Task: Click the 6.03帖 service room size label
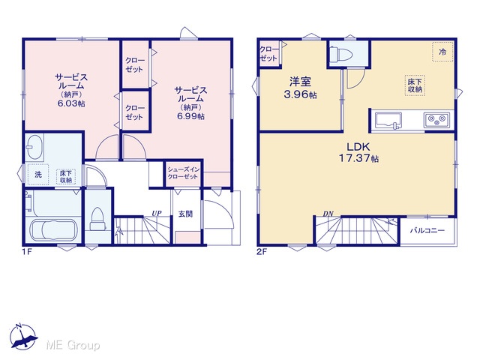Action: pyautogui.click(x=71, y=103)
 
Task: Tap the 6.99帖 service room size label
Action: pyautogui.click(x=190, y=116)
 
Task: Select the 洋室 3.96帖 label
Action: pyautogui.click(x=300, y=88)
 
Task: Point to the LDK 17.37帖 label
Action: pyautogui.click(x=358, y=152)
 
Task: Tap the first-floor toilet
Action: pyautogui.click(x=98, y=219)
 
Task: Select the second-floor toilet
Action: pyautogui.click(x=340, y=55)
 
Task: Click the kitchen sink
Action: pyautogui.click(x=388, y=120)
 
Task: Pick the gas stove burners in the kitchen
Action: pyautogui.click(x=436, y=120)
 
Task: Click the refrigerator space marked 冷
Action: pyautogui.click(x=442, y=52)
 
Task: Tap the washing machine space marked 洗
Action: pyautogui.click(x=38, y=175)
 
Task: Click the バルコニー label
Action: pyautogui.click(x=427, y=230)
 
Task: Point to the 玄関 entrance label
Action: pyautogui.click(x=185, y=214)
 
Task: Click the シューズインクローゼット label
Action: pyautogui.click(x=183, y=173)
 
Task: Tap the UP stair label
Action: pyautogui.click(x=157, y=213)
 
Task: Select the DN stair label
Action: pyautogui.click(x=328, y=214)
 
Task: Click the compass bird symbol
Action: pyautogui.click(x=23, y=337)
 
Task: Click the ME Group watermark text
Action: pyautogui.click(x=73, y=345)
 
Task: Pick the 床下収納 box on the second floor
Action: pyautogui.click(x=415, y=85)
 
